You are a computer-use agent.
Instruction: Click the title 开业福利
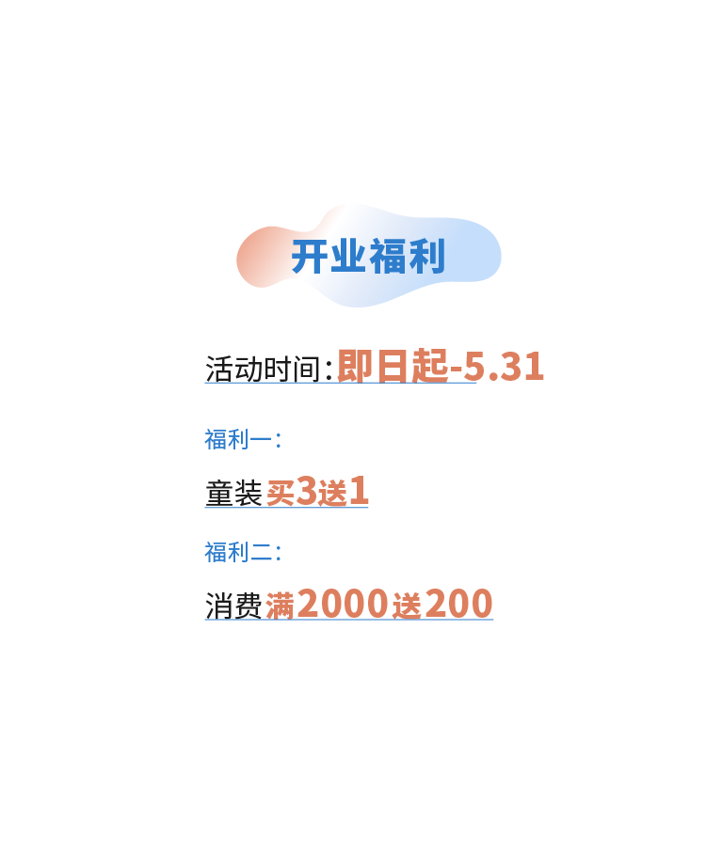(367, 257)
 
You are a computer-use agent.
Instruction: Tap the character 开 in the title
(309, 257)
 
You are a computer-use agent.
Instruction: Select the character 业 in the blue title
(347, 257)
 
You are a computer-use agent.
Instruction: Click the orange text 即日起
(392, 367)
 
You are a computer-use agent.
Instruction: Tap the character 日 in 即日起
(393, 367)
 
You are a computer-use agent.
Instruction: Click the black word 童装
(233, 493)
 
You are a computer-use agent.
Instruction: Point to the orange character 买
(280, 493)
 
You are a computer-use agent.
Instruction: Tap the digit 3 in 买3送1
(306, 491)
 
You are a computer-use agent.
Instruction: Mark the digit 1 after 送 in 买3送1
(359, 491)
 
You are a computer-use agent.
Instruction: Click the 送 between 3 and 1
(332, 493)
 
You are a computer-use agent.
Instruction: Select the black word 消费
(233, 606)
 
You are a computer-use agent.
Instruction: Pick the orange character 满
(280, 606)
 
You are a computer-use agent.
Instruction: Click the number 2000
(342, 604)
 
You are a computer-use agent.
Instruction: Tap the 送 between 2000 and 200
(407, 606)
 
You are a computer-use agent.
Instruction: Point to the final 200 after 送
(458, 604)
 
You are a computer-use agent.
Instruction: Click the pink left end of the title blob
(256, 256)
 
